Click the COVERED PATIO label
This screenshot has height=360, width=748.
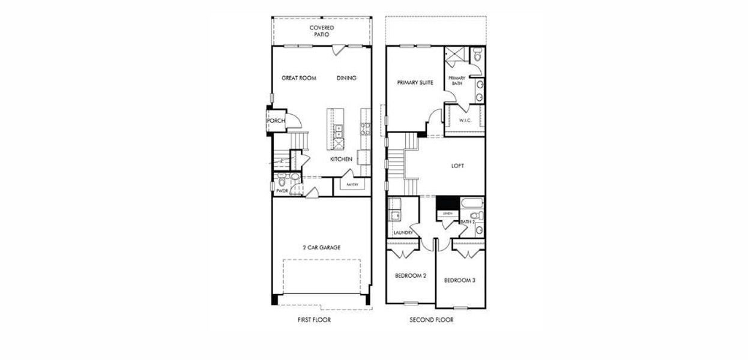pos(322,31)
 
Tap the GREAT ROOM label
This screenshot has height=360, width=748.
pos(299,78)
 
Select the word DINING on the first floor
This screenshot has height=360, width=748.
pos(346,78)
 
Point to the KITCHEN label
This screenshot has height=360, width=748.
pos(341,159)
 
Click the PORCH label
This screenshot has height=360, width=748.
pos(276,121)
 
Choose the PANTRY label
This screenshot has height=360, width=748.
pos(352,185)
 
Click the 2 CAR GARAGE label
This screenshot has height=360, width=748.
pos(321,247)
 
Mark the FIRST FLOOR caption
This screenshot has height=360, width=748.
pos(314,320)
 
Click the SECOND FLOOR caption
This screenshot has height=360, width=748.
pos(432,320)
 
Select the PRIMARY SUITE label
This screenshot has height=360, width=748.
pos(415,83)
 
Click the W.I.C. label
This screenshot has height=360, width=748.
pos(465,121)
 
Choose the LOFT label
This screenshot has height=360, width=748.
pos(457,166)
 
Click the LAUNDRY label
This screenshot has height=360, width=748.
pos(402,233)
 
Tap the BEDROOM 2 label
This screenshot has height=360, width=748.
pos(411,276)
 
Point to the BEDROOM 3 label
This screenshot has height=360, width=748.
pos(460,280)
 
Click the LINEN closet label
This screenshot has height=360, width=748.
pos(447,214)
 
